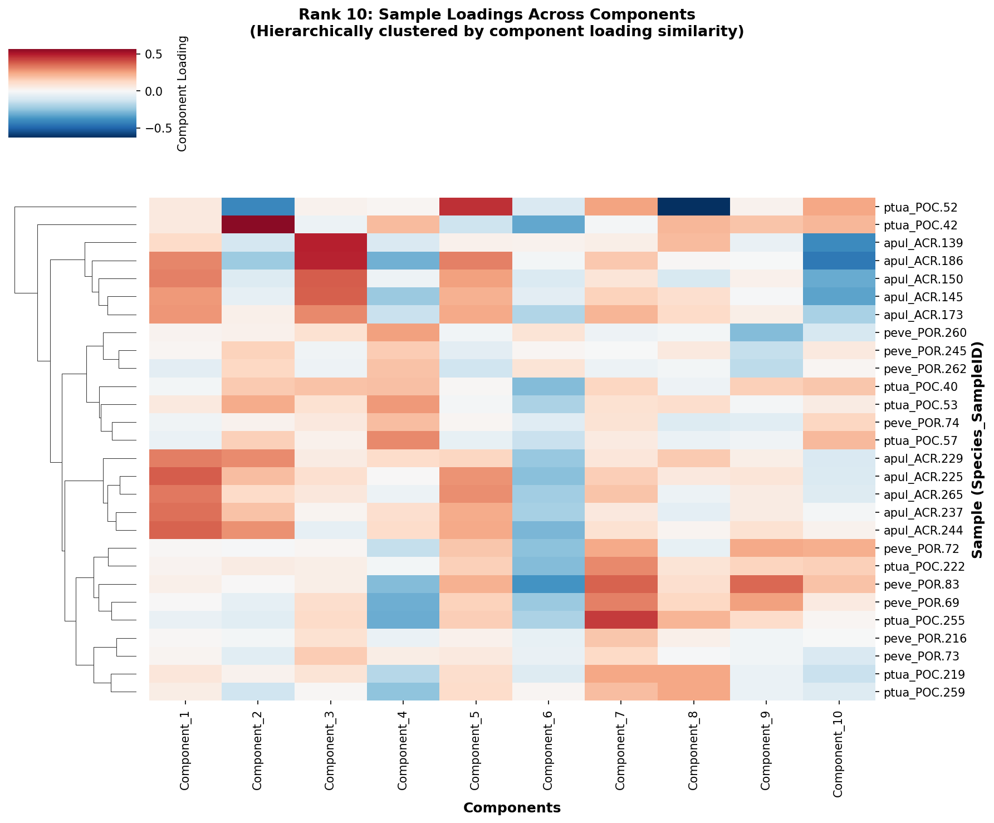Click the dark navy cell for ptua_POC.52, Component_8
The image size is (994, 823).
[x=693, y=207]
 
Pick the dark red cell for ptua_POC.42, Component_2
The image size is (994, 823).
[x=258, y=225]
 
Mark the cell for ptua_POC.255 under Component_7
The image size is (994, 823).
[x=621, y=620]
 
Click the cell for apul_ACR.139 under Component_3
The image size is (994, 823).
[x=330, y=243]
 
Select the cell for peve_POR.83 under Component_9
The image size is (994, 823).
[x=766, y=585]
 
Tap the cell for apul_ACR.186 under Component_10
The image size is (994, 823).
[x=839, y=261]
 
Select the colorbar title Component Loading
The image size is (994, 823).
[x=182, y=94]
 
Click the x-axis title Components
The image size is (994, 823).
[x=512, y=807]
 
